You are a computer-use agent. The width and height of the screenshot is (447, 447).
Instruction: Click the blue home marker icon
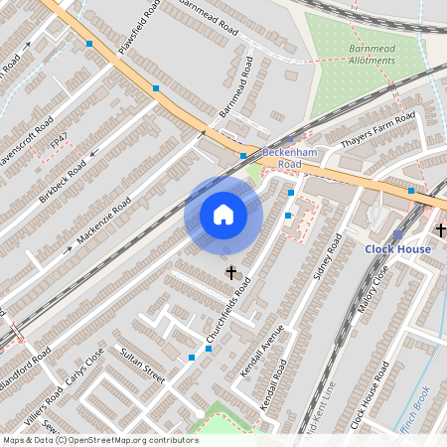pos(223,214)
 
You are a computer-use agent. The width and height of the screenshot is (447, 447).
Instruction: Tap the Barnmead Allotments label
pos(372,55)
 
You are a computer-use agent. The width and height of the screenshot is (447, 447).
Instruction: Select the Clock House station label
pos(397,248)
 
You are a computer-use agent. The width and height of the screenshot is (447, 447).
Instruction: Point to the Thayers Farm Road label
pos(378,131)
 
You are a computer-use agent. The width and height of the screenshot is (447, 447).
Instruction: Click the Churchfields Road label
pos(228,311)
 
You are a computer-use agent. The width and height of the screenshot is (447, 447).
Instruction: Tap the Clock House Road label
pos(369,394)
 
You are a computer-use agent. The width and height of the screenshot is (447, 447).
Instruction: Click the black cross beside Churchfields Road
pos(231,271)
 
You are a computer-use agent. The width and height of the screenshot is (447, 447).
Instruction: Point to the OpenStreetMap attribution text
pos(100,440)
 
